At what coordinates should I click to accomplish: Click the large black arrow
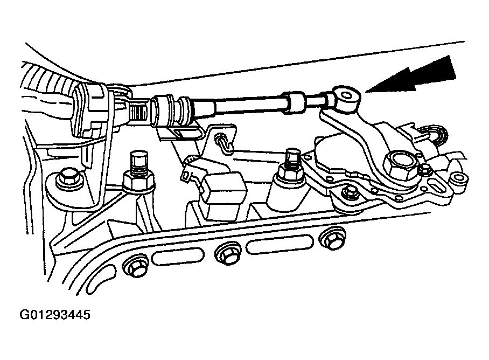(x=415, y=76)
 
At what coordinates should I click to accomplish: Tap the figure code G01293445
(x=55, y=314)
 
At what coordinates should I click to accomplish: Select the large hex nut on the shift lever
(x=399, y=164)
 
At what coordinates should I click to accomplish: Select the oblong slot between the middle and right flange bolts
(x=280, y=244)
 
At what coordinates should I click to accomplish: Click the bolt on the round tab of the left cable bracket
(x=67, y=178)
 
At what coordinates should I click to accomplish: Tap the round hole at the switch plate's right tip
(x=458, y=178)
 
